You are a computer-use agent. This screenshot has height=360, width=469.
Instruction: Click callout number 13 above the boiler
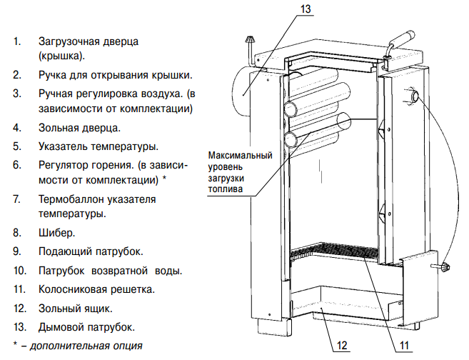pyautogui.click(x=305, y=9)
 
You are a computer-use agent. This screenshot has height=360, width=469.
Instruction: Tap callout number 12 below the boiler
pyautogui.click(x=342, y=346)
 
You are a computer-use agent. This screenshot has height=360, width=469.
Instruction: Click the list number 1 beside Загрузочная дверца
pyautogui.click(x=16, y=41)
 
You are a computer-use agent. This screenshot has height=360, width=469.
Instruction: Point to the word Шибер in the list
pyautogui.click(x=53, y=232)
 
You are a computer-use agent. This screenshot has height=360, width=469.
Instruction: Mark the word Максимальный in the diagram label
pyautogui.click(x=240, y=156)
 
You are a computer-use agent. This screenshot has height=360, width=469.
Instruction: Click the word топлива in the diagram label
pyautogui.click(x=226, y=190)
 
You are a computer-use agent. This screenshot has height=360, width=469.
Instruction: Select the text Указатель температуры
pyautogui.click(x=98, y=147)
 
